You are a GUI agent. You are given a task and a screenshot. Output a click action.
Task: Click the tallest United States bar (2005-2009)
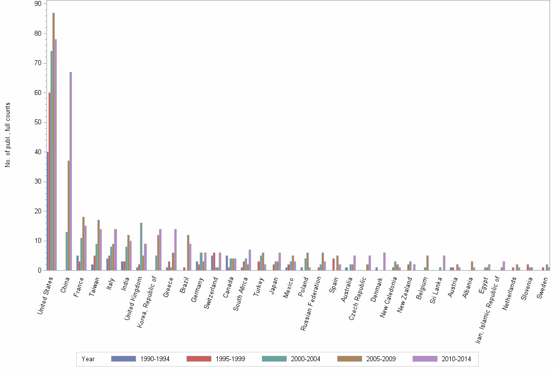(53, 141)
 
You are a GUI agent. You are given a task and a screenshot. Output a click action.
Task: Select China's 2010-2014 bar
(70, 171)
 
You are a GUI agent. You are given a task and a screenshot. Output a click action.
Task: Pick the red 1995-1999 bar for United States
(49, 181)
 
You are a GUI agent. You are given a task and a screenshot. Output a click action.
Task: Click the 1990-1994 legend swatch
(123, 359)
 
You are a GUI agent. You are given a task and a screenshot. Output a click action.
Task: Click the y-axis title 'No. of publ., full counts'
(8, 135)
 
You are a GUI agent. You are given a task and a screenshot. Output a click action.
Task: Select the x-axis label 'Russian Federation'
(312, 303)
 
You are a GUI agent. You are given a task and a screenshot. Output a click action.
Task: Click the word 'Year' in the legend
(88, 359)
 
